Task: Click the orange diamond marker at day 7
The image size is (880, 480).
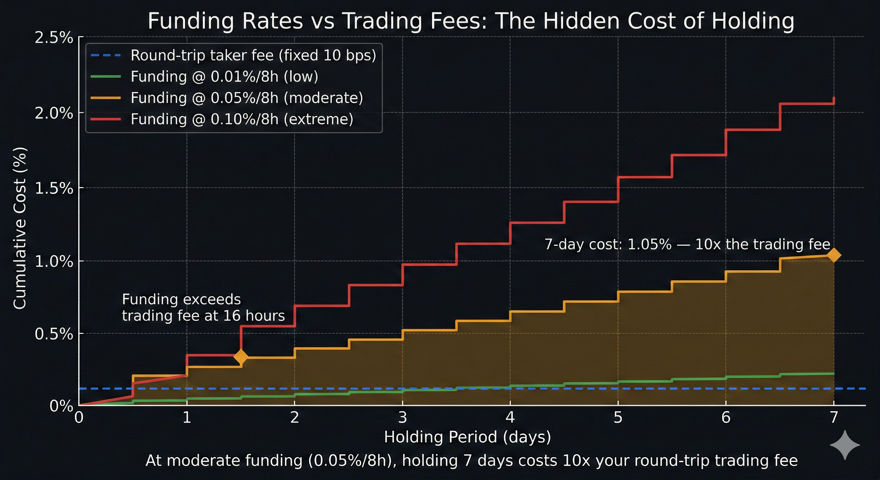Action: (x=833, y=255)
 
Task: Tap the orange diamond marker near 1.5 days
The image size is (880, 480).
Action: (x=241, y=357)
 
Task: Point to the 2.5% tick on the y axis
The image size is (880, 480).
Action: (x=54, y=37)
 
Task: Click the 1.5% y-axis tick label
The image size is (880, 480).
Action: (x=54, y=188)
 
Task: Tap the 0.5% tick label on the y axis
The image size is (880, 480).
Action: (x=54, y=334)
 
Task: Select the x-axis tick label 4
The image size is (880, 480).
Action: (x=510, y=417)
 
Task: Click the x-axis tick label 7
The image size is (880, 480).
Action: (x=834, y=417)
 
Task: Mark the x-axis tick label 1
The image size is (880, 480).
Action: (x=187, y=417)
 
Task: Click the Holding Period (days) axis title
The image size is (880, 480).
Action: (x=467, y=437)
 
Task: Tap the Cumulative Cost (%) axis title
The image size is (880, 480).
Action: (x=20, y=228)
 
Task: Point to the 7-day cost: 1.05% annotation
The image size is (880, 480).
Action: (x=687, y=244)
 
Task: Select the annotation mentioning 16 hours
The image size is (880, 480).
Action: (x=203, y=307)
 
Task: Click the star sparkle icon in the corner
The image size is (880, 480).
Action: (x=845, y=445)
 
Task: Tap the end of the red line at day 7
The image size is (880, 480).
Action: (x=834, y=99)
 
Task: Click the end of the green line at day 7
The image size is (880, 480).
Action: (x=833, y=373)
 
